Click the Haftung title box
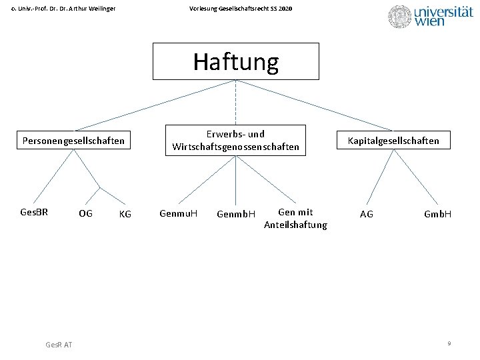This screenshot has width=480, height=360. tap(235, 61)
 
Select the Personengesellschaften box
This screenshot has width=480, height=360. tap(73, 141)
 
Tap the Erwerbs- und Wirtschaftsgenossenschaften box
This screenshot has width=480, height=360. tap(235, 140)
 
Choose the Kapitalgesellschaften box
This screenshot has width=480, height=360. tap(393, 140)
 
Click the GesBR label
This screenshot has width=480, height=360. tap(34, 213)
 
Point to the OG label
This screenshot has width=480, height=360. tap(85, 214)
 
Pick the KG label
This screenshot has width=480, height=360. tap(125, 214)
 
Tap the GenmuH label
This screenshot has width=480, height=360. tap(178, 214)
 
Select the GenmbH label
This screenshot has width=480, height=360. tap(236, 214)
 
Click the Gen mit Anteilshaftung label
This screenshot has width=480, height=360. tap(295, 219)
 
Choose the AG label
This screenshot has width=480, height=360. tap(367, 214)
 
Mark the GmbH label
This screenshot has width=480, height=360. tap(437, 214)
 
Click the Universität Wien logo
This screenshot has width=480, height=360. tap(430, 16)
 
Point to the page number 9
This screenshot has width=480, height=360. tap(449, 343)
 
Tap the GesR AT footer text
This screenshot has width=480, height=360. tap(59, 344)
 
